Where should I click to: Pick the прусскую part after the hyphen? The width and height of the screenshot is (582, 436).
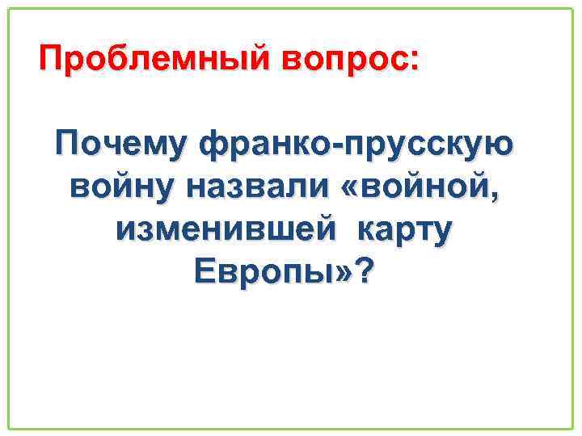436,146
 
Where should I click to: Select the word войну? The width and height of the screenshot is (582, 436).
122,189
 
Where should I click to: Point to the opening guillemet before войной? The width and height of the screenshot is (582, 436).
356,191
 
